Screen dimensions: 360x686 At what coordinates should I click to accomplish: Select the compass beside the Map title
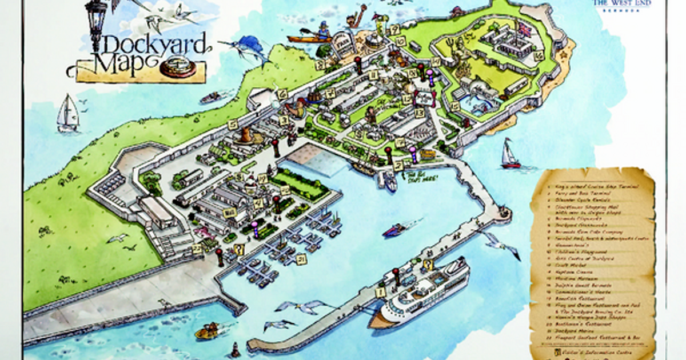(178, 68)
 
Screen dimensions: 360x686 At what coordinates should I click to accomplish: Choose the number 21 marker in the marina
(301, 259)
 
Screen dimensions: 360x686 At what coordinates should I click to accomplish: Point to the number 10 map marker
(401, 41)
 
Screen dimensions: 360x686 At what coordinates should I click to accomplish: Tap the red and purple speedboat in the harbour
(394, 230)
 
